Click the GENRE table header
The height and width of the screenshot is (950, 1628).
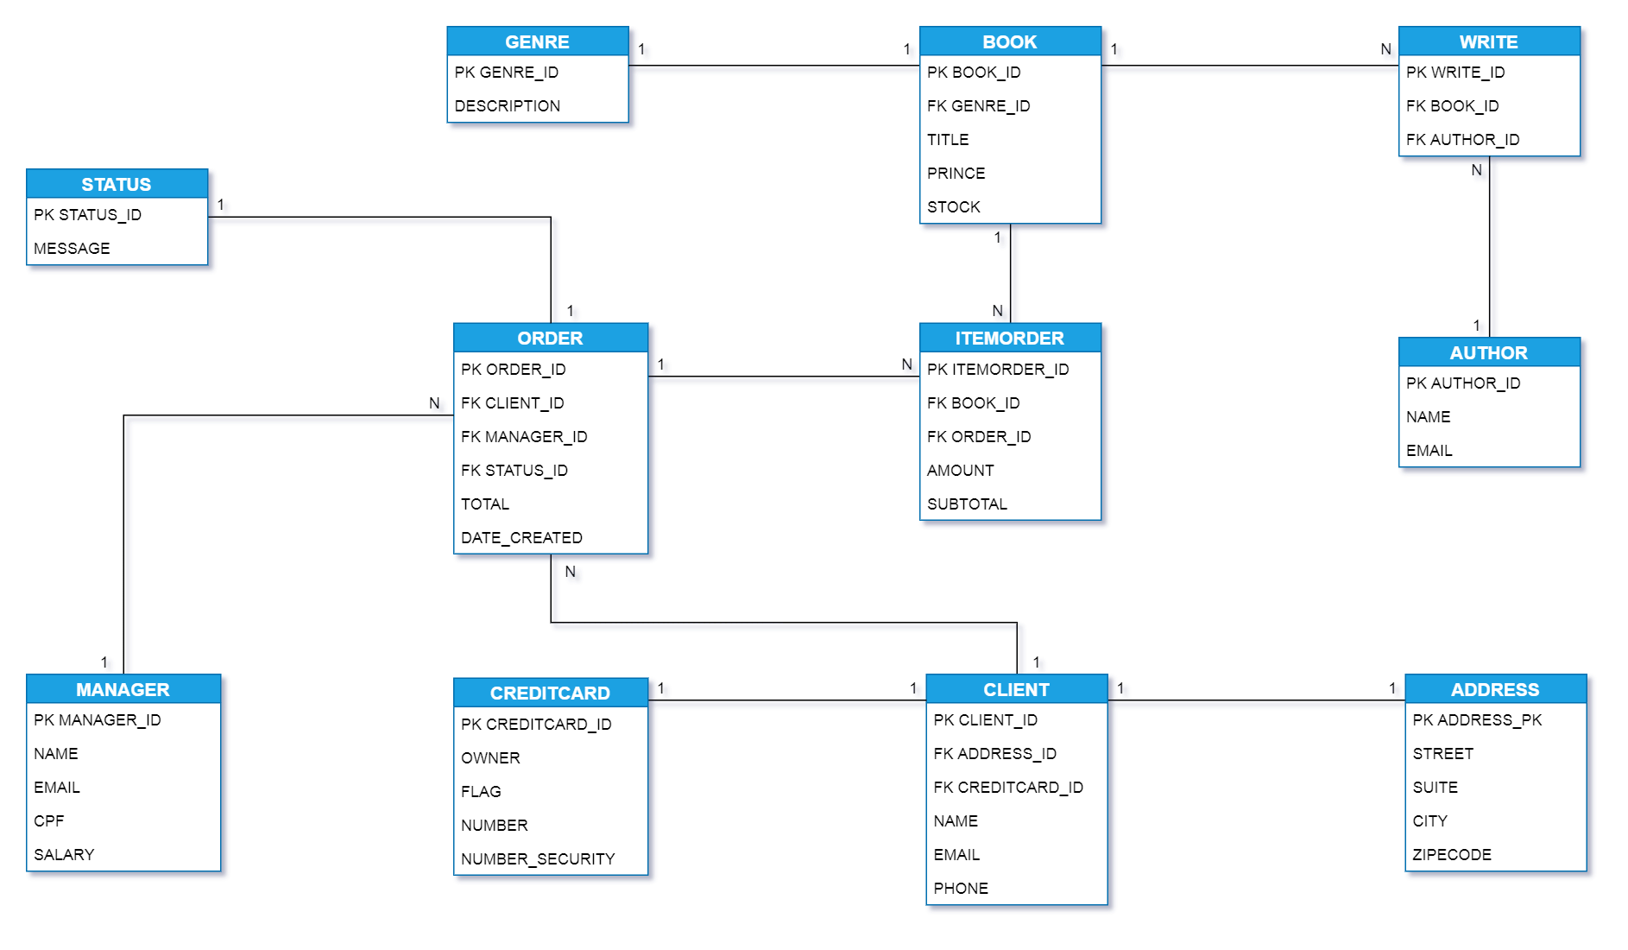click(x=537, y=41)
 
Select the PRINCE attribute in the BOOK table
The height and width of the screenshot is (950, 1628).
click(x=956, y=173)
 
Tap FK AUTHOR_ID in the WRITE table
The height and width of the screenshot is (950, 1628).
click(x=1462, y=139)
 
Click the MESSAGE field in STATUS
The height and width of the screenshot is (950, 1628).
click(x=72, y=248)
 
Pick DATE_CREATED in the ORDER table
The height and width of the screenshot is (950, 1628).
click(x=521, y=537)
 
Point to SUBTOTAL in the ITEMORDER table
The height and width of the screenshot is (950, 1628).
click(x=967, y=503)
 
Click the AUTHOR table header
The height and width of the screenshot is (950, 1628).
click(x=1488, y=352)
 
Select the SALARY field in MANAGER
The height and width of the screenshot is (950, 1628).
click(x=64, y=854)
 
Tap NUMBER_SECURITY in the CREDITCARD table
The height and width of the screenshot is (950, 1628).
click(x=538, y=858)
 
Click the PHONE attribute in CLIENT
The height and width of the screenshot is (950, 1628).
click(x=961, y=888)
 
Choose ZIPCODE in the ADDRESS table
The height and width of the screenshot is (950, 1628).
click(x=1452, y=854)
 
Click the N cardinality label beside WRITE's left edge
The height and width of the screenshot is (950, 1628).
click(x=1385, y=49)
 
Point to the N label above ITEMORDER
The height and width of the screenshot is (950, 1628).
click(x=997, y=311)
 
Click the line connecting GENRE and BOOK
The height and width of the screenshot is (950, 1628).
click(x=773, y=66)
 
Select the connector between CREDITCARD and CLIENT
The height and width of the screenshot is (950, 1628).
click(x=786, y=700)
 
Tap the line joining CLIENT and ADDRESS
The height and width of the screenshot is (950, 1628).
click(x=1256, y=700)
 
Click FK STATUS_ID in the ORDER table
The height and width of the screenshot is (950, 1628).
click(x=514, y=470)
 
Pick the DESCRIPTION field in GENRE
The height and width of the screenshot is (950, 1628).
click(x=508, y=105)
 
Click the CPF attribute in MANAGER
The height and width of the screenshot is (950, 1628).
click(x=49, y=820)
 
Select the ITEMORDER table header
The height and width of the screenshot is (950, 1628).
click(x=1009, y=338)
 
